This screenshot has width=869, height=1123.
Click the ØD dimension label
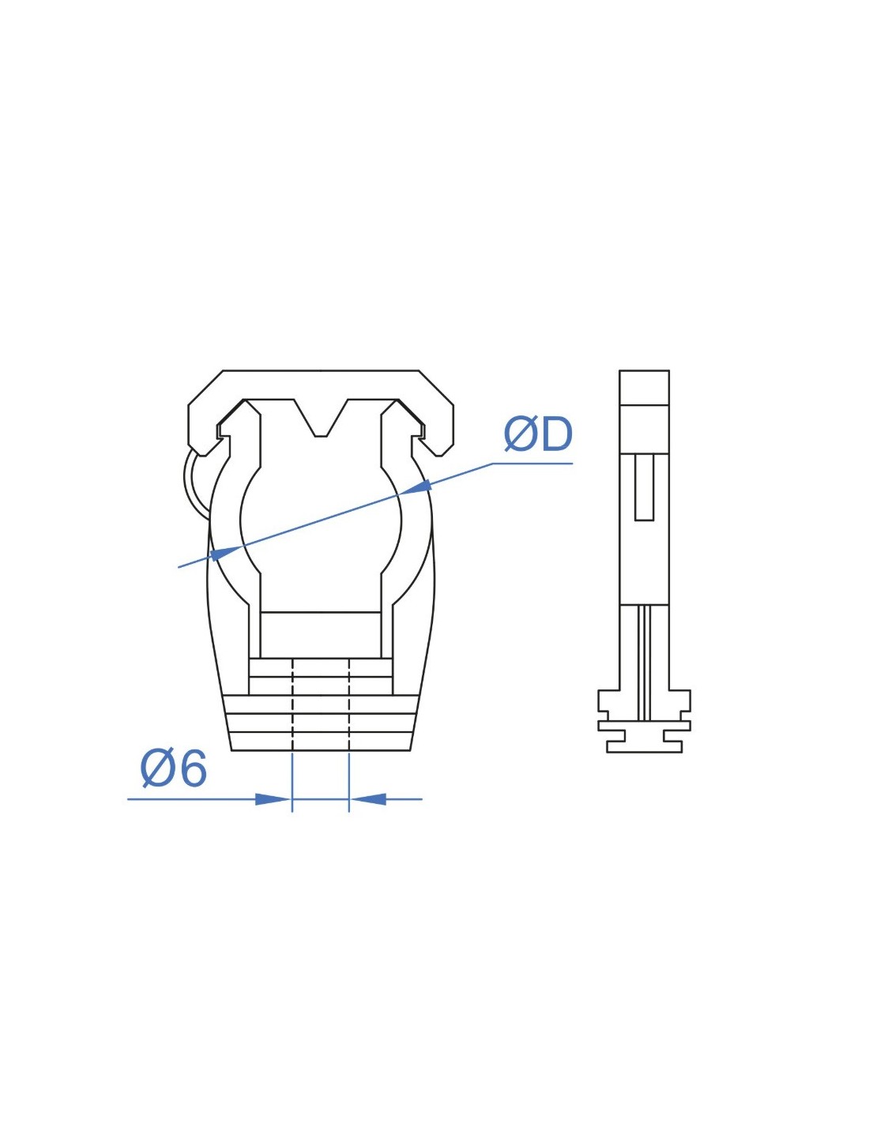[538, 435]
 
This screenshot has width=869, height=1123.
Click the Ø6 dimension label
[174, 768]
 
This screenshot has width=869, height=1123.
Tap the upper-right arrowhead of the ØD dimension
[417, 486]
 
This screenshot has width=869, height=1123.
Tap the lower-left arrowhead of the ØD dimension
[226, 553]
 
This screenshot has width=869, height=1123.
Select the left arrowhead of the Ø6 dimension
[273, 799]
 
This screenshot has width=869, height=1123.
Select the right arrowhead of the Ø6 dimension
[369, 799]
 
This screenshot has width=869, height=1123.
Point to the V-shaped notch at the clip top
[321, 418]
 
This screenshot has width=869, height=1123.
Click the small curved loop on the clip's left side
[195, 483]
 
